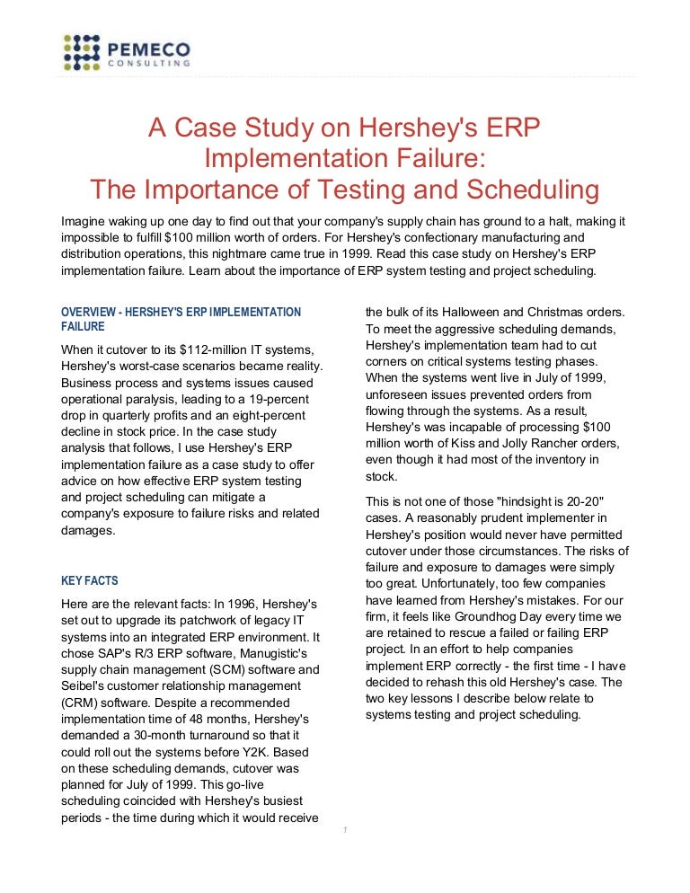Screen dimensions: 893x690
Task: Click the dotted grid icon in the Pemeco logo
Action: [x=82, y=51]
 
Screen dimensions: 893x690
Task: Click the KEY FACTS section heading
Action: [x=89, y=580]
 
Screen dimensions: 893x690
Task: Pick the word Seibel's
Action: [x=87, y=685]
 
